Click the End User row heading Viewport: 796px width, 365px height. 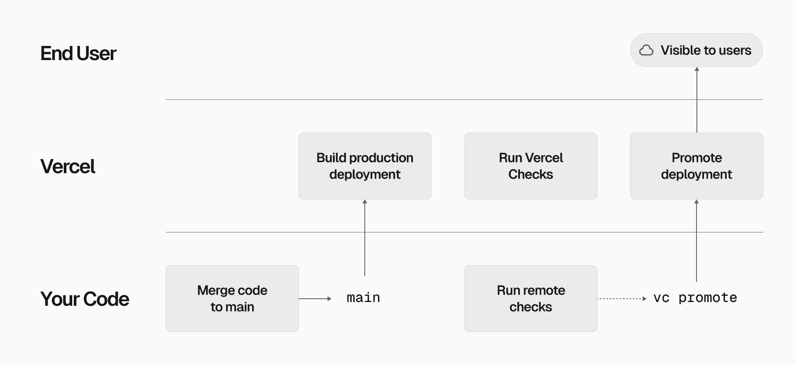(x=78, y=53)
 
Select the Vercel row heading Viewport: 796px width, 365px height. (x=68, y=167)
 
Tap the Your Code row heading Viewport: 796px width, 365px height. (x=85, y=299)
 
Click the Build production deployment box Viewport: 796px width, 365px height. (x=365, y=166)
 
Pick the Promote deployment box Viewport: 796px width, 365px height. (x=696, y=166)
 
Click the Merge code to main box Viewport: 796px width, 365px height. (x=232, y=298)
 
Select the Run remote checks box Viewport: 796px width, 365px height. (x=531, y=298)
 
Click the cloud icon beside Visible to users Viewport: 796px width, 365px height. (x=646, y=50)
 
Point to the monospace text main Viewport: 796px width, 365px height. (x=363, y=298)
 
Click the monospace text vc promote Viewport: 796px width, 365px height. (x=695, y=298)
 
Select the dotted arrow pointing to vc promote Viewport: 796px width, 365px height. (x=622, y=298)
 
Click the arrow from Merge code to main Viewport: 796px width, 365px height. (x=315, y=298)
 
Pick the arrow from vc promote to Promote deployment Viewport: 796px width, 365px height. (x=696, y=240)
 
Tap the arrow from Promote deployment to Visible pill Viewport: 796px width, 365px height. (x=697, y=99)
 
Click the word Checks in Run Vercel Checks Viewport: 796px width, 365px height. (x=531, y=174)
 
